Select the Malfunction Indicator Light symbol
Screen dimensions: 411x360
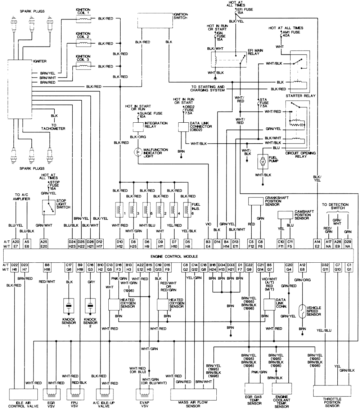(137, 153)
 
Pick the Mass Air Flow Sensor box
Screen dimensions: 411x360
(193, 393)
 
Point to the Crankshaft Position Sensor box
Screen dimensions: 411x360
(256, 201)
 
